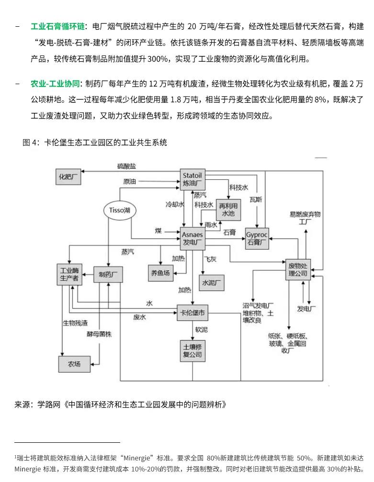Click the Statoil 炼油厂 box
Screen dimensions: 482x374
pos(193,179)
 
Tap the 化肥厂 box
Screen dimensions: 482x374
pos(69,176)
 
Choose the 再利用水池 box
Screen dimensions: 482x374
pos(227,210)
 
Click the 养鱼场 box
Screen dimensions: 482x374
pos(160,273)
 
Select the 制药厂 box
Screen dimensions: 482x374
pos(108,274)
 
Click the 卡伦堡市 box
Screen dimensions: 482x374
pos(193,313)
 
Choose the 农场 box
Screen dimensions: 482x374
pos(74,364)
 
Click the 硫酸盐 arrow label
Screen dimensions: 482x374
pos(126,166)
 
